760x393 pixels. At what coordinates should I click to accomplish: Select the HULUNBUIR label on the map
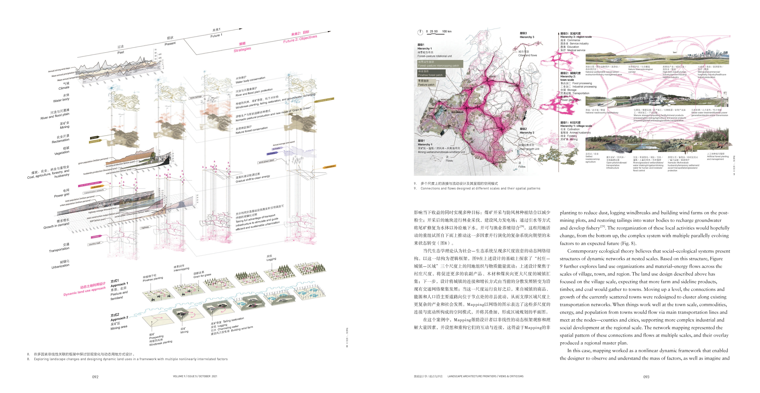(457, 112)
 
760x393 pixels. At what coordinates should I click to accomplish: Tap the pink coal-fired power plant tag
(89, 184)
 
